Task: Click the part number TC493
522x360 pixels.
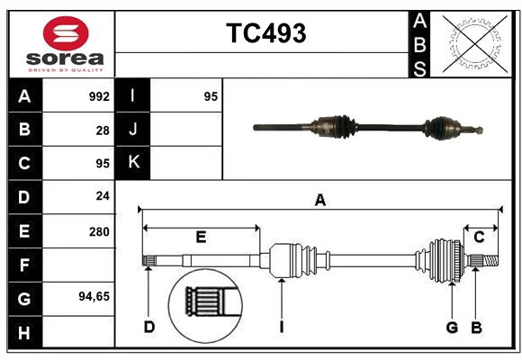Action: click(265, 33)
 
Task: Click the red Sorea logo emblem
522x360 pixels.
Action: click(66, 35)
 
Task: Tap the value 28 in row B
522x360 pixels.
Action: click(102, 130)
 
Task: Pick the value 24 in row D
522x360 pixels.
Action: click(102, 195)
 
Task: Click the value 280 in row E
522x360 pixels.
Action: click(99, 230)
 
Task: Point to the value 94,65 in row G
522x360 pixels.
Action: click(94, 295)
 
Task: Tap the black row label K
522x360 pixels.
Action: click(133, 163)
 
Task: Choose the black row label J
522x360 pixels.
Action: click(133, 130)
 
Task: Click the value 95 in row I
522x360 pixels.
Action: click(211, 96)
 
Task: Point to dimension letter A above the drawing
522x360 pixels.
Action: click(319, 200)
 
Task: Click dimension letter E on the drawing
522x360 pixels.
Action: click(201, 238)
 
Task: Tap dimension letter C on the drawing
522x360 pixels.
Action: click(479, 238)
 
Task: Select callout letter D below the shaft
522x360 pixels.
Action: click(148, 326)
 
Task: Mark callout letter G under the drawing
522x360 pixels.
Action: click(452, 326)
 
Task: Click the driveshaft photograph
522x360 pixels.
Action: click(369, 127)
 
